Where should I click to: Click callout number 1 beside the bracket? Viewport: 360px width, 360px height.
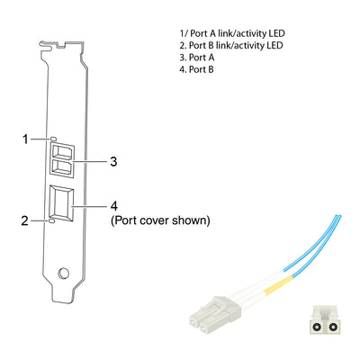25,139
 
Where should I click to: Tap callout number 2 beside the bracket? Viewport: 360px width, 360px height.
24,221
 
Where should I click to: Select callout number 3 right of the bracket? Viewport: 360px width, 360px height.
113,162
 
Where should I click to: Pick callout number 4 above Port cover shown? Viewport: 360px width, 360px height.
114,206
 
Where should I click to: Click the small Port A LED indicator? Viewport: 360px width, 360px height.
53,139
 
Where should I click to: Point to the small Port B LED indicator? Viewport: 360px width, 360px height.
51,221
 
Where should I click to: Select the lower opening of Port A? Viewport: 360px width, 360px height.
62,166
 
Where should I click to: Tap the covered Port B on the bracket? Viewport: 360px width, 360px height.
61,203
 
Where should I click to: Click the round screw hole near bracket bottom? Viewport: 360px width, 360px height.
63,273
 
